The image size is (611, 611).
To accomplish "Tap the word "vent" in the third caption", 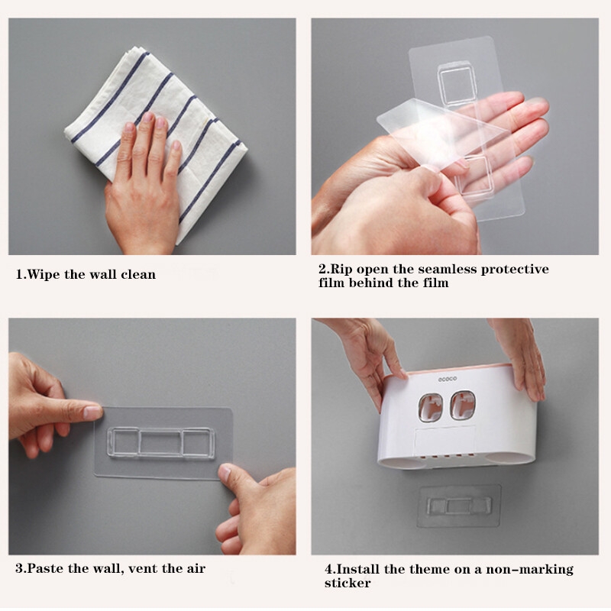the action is [x=143, y=568].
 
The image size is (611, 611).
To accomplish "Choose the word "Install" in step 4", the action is [x=358, y=569].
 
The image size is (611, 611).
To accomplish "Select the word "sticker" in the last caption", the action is [x=348, y=583].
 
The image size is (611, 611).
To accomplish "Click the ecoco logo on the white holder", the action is [x=448, y=379].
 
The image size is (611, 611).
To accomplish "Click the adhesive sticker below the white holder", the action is [x=459, y=506].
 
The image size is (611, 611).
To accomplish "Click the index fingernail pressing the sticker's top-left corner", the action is [x=93, y=412].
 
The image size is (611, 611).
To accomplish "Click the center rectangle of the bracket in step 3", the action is [x=160, y=443].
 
